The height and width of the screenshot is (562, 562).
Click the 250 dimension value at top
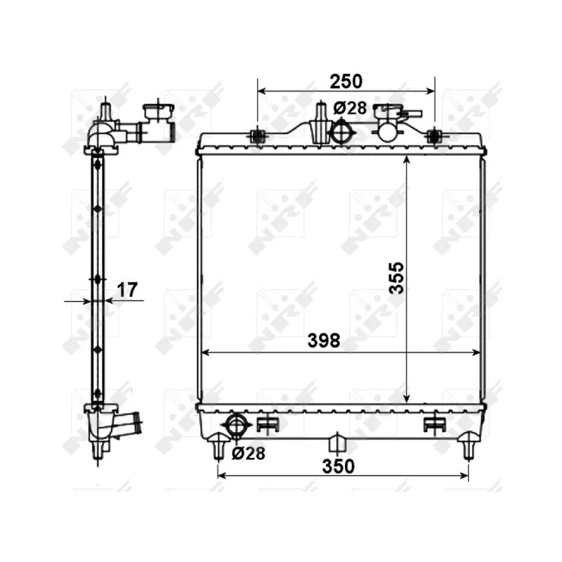(x=346, y=81)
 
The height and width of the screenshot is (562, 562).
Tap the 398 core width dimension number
(x=324, y=341)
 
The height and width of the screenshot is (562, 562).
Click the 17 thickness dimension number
(x=127, y=289)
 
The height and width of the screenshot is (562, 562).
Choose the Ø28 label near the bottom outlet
(x=248, y=454)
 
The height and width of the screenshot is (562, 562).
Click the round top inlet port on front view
(x=341, y=131)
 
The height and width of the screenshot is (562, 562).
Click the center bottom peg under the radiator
(x=339, y=443)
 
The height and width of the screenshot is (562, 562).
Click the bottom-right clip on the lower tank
(x=435, y=423)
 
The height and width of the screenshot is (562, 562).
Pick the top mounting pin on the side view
(x=105, y=111)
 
